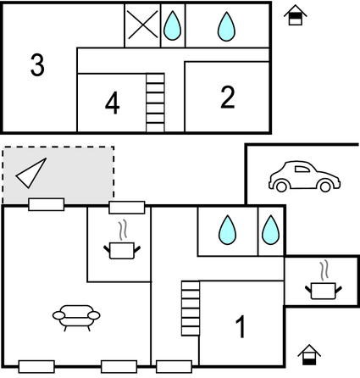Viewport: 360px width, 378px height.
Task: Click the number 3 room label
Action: tap(37, 65)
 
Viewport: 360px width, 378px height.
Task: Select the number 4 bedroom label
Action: tap(112, 103)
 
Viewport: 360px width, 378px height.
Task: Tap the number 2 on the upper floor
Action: tap(228, 97)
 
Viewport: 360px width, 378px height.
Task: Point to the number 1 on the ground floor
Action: tap(241, 326)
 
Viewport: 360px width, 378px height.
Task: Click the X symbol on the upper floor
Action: tap(142, 25)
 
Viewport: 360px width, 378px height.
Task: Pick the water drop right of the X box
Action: tap(173, 25)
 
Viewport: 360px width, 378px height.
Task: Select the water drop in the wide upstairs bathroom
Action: tap(226, 26)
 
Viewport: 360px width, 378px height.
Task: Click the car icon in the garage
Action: tap(304, 176)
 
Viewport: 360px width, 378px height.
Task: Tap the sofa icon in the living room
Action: tap(76, 318)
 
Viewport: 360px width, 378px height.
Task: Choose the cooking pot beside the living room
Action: tap(122, 245)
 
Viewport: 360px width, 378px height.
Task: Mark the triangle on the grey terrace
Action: tap(31, 173)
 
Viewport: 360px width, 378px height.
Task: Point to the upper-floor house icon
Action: tap(296, 15)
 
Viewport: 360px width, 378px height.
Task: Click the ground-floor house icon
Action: tap(309, 354)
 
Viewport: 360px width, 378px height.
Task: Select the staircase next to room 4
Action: tap(155, 103)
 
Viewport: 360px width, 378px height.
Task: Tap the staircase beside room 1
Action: tap(191, 309)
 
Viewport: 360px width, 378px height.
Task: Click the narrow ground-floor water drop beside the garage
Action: tap(270, 230)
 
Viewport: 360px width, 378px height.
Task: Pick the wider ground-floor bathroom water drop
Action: tap(227, 230)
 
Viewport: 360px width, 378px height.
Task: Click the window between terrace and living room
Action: tap(47, 204)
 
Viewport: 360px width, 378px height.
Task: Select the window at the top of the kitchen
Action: tap(127, 208)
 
